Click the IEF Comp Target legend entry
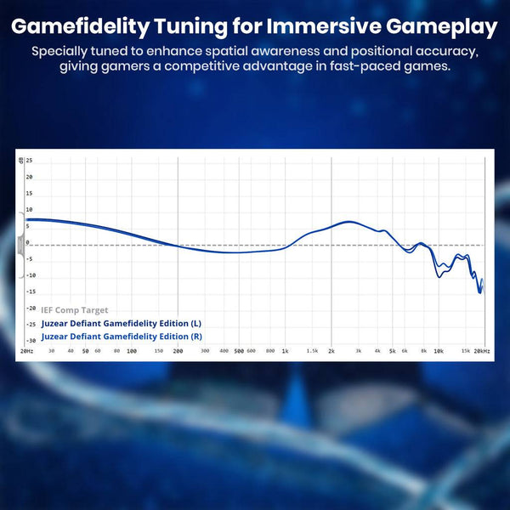pos(75,310)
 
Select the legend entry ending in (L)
pos(122,324)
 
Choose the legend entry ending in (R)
pos(122,336)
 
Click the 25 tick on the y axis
pos(29,161)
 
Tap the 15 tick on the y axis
pos(29,193)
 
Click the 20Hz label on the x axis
pos(26,350)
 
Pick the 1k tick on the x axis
pos(285,350)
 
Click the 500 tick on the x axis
pos(239,350)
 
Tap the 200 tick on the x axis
pos(178,350)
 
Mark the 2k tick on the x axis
pos(331,350)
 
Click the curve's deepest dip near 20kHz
pos(480,292)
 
